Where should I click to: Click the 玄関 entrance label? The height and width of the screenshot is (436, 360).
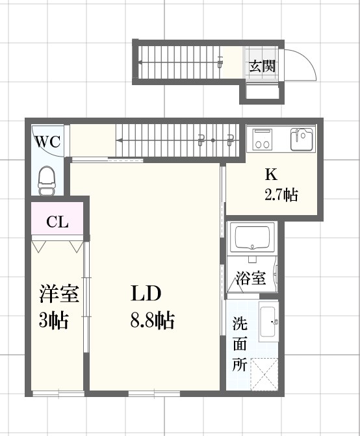[263, 66]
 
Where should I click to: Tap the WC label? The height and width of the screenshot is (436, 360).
[47, 141]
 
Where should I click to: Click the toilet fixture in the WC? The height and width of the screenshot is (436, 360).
[47, 179]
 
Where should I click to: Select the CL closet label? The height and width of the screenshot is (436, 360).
[57, 222]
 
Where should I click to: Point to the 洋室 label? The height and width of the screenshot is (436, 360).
[58, 294]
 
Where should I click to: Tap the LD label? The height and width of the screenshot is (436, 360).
[146, 294]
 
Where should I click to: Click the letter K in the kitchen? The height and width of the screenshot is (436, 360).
[270, 174]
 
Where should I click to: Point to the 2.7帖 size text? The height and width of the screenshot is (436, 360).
[281, 194]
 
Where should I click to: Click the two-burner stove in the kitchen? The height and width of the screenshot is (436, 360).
[263, 139]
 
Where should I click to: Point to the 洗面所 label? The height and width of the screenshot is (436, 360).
[239, 344]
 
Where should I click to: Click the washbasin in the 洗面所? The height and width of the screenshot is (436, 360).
[268, 322]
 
